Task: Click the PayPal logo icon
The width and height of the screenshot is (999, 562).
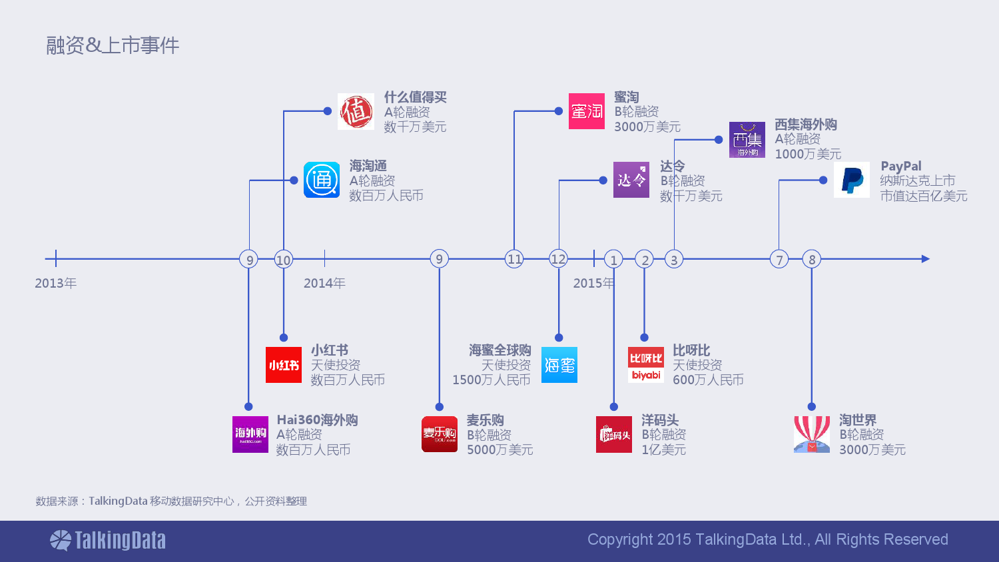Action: tap(851, 180)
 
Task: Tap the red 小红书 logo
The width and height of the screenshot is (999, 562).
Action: tap(284, 365)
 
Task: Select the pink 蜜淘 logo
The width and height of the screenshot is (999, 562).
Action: tap(587, 111)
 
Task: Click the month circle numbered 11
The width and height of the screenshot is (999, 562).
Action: tap(514, 259)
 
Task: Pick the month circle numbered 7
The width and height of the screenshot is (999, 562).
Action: tap(779, 259)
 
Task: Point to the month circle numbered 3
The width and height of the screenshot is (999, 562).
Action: tap(674, 259)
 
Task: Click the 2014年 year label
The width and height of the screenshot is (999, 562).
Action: tap(324, 283)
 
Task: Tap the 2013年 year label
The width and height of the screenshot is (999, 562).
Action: tap(56, 283)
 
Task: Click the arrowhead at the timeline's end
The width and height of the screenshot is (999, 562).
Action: tap(926, 259)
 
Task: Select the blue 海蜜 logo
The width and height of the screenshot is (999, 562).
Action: tap(559, 365)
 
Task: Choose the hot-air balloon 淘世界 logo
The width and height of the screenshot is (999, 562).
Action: tap(812, 434)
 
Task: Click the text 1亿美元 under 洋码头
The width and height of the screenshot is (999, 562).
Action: tap(663, 449)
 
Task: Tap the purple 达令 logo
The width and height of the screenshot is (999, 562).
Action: tap(631, 180)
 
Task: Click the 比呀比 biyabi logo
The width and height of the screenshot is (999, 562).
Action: tap(646, 365)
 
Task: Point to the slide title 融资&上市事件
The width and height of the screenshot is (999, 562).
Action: tap(113, 45)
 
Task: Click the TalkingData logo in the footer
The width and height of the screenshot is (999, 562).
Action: tap(107, 541)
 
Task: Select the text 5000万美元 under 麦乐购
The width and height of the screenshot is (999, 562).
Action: tap(500, 449)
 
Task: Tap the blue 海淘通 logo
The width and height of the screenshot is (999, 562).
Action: tap(322, 180)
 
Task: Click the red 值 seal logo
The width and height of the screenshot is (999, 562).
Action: tap(356, 111)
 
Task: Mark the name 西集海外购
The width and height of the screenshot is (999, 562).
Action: tap(805, 125)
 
